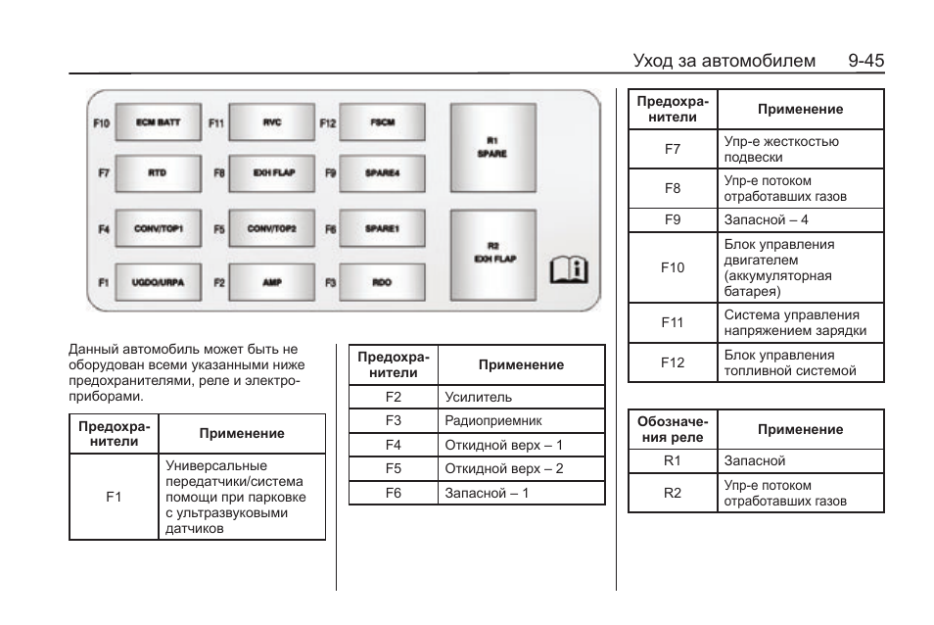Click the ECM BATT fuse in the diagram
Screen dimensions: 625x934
pyautogui.click(x=158, y=123)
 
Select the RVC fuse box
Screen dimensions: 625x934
pyautogui.click(x=272, y=123)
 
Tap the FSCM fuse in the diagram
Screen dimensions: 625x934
pyautogui.click(x=382, y=123)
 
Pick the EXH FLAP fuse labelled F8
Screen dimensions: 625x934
pyautogui.click(x=272, y=173)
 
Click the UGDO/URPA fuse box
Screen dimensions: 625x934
pyautogui.click(x=158, y=282)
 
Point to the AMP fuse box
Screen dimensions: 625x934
pyautogui.click(x=272, y=282)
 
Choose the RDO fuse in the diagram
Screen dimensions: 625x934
pyautogui.click(x=382, y=282)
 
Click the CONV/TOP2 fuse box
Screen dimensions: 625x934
pyautogui.click(x=272, y=229)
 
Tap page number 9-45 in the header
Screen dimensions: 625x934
pyautogui.click(x=866, y=61)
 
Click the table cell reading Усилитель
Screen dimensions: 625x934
pyautogui.click(x=479, y=398)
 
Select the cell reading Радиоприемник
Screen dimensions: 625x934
pyautogui.click(x=493, y=421)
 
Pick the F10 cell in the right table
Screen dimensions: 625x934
pyautogui.click(x=673, y=267)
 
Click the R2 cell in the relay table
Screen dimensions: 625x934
pyautogui.click(x=673, y=493)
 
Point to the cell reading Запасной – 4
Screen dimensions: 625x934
pyautogui.click(x=766, y=220)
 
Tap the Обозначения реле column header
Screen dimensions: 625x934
pyautogui.click(x=673, y=429)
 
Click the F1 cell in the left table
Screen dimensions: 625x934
pyautogui.click(x=114, y=497)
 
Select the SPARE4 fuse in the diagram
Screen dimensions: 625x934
pyautogui.click(x=382, y=173)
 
